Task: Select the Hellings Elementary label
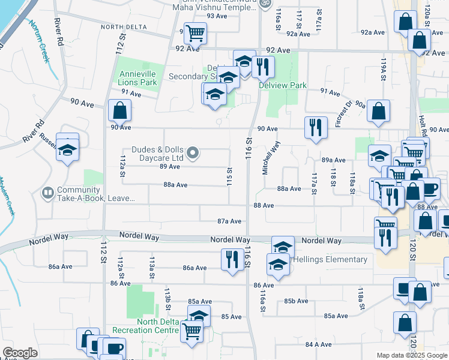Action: click(330, 259)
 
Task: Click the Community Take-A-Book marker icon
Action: click(47, 193)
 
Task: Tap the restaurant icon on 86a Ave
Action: click(232, 259)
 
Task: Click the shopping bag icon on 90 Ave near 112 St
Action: click(120, 110)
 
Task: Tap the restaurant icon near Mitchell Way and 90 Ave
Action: click(315, 127)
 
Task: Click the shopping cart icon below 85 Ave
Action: click(192, 331)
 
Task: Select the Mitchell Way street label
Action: click(271, 157)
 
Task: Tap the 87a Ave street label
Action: click(229, 221)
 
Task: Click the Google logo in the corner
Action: click(20, 353)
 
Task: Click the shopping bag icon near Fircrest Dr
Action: click(378, 110)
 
